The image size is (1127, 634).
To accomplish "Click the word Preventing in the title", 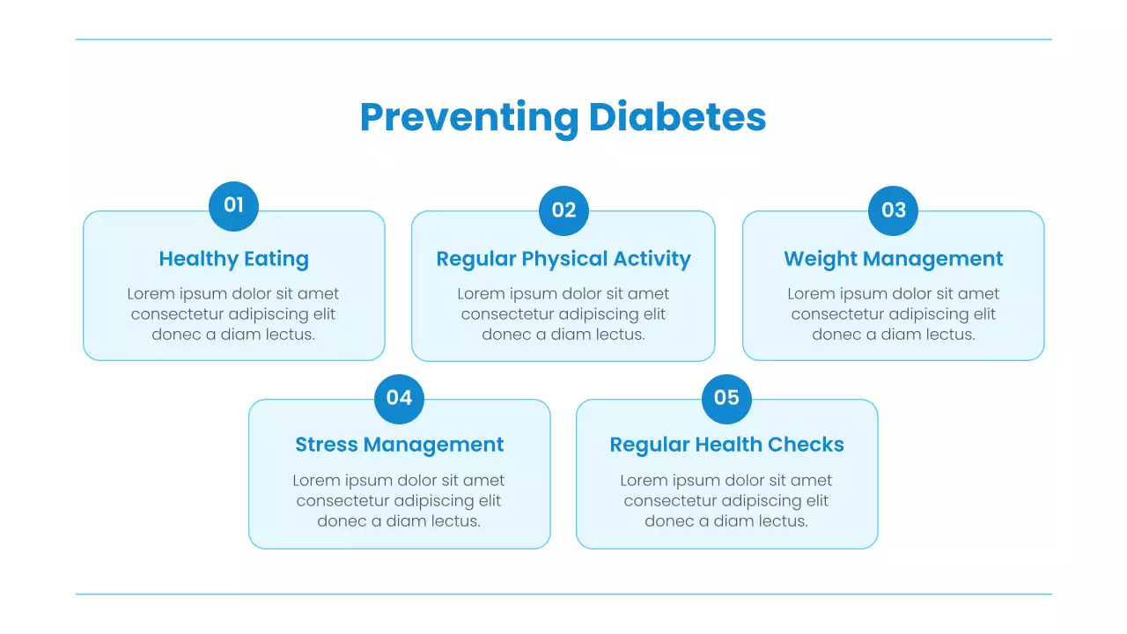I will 468,118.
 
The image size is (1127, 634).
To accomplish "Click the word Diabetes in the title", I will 677,117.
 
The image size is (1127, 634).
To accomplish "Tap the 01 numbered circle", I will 233,206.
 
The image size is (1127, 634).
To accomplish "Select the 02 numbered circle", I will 563,210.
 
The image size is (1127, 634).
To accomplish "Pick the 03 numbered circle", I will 894,210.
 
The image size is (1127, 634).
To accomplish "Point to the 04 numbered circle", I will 399,398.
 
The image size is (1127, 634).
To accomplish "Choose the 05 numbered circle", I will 726,398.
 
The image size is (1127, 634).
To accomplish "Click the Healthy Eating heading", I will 233,259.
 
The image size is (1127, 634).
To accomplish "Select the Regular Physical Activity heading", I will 563,259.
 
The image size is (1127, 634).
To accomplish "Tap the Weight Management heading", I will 893,259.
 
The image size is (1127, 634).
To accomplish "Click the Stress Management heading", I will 399,445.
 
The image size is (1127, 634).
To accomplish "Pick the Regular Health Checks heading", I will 726,445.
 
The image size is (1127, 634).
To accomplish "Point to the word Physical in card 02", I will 563,259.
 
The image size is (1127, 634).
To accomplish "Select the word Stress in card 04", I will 325,445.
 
